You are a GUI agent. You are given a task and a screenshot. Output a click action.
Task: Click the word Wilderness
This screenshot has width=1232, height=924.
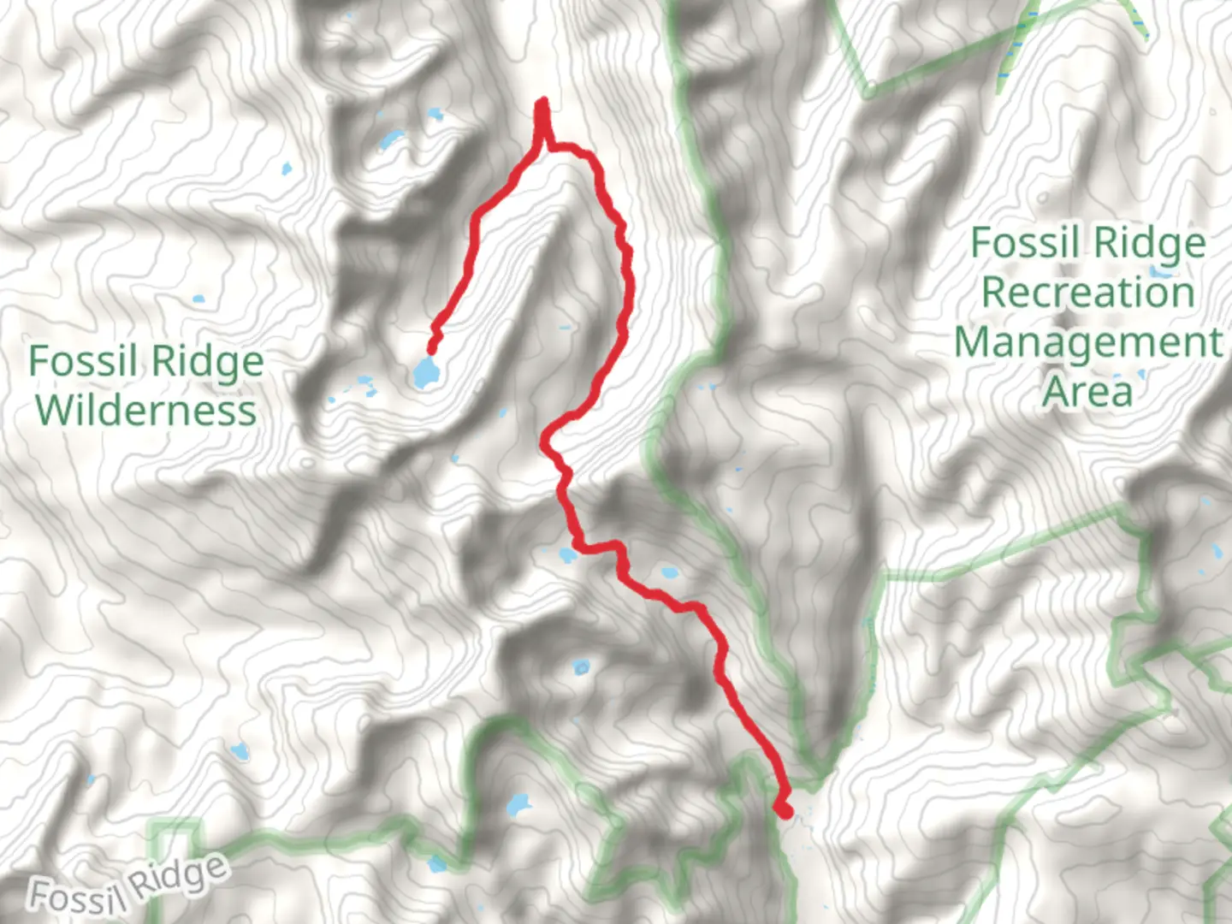(x=145, y=410)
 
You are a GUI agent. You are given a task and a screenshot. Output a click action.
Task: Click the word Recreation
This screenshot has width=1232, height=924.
(x=1087, y=292)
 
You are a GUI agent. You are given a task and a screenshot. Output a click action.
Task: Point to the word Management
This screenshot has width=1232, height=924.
(x=1088, y=341)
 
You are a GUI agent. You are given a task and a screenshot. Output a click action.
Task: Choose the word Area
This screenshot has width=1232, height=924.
(x=1087, y=390)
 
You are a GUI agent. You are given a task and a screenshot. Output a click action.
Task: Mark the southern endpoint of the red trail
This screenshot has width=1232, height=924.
(x=783, y=809)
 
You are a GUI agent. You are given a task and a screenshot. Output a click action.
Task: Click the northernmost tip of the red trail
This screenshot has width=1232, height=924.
(x=542, y=104)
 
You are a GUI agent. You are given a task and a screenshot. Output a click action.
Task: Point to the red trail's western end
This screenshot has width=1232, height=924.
(x=431, y=348)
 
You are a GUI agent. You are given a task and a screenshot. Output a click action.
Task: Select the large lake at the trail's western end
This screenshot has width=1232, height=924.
(x=424, y=372)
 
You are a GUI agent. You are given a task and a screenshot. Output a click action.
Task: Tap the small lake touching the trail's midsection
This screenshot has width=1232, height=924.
(x=567, y=555)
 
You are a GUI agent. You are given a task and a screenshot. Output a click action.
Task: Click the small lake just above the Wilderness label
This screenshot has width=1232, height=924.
(x=198, y=299)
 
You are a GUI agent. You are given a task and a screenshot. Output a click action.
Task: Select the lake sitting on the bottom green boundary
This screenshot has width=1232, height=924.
(x=438, y=864)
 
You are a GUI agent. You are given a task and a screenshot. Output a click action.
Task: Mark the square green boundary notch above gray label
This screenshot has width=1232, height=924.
(x=175, y=828)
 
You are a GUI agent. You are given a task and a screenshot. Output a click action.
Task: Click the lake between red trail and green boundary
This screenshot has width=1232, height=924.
(x=668, y=572)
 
